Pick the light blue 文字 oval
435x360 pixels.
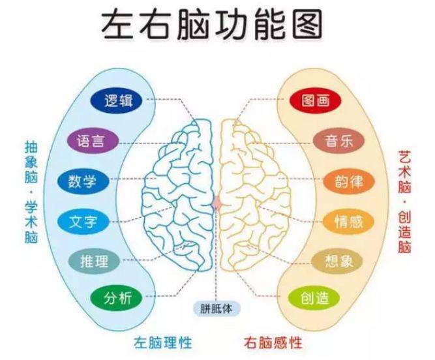pyautogui.click(x=83, y=222)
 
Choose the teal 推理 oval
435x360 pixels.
pyautogui.click(x=95, y=261)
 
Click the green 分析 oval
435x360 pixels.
pyautogui.click(x=117, y=299)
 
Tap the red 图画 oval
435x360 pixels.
pyautogui.click(x=316, y=100)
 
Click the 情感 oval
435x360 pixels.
pyautogui.click(x=349, y=222)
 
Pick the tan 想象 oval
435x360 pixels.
pyautogui.click(x=337, y=261)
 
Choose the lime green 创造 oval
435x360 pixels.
pyautogui.click(x=314, y=299)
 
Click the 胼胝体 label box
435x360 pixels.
pyautogui.click(x=217, y=308)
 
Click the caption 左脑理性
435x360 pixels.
pyautogui.click(x=163, y=342)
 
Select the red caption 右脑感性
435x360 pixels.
pyautogui.click(x=273, y=342)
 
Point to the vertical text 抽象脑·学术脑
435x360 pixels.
pyautogui.click(x=31, y=192)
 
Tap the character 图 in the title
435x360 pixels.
pyautogui.click(x=308, y=25)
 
